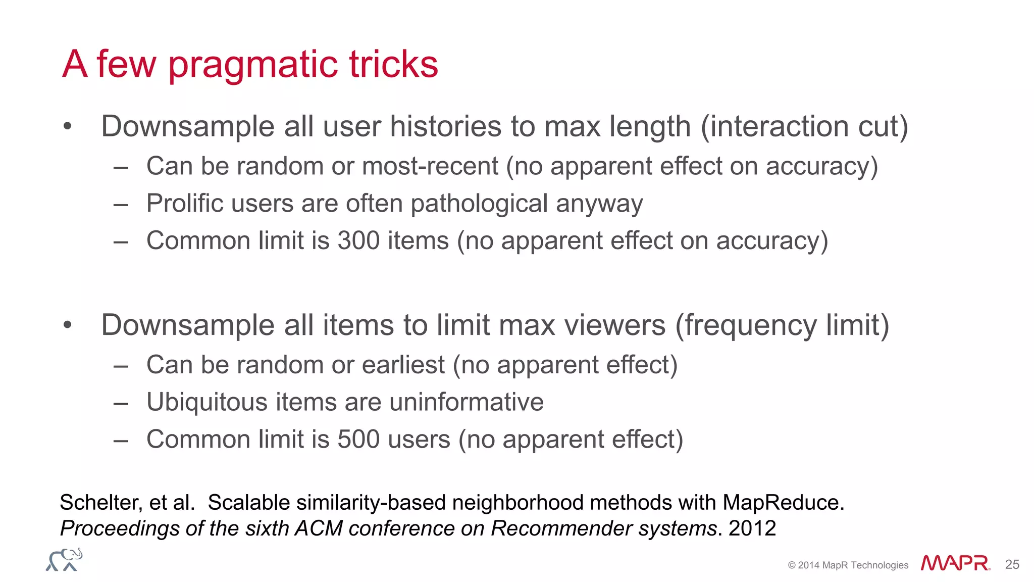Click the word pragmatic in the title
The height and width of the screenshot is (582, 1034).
(252, 66)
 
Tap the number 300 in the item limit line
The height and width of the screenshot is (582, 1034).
(358, 240)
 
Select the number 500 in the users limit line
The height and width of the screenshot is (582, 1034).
(358, 439)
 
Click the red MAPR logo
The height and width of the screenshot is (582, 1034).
(955, 563)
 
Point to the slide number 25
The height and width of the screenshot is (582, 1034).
(1012, 564)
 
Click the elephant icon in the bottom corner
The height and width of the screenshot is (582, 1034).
(64, 560)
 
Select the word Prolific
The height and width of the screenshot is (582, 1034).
(185, 204)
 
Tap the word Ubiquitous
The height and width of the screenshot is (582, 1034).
(207, 402)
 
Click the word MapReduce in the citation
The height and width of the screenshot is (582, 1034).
(783, 502)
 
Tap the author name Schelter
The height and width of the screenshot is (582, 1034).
(100, 502)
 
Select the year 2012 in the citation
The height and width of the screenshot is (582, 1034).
(752, 528)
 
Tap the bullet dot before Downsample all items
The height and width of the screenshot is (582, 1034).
(68, 325)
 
